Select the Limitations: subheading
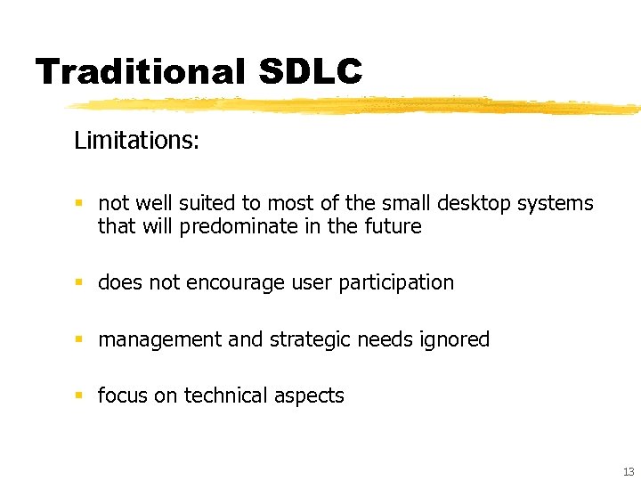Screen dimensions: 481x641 click(136, 141)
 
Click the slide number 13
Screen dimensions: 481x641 click(628, 471)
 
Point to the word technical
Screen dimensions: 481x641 click(224, 396)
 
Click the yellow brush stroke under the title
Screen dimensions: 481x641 click(356, 106)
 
